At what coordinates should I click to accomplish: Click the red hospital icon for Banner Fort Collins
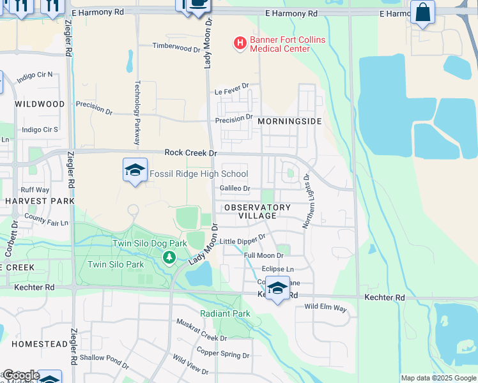pos(240,43)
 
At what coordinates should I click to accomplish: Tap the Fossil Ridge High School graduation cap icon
pos(134,170)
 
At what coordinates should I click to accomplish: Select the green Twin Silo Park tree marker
pos(169,257)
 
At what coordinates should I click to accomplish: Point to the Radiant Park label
pos(225,313)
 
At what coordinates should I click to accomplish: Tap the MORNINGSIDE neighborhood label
pos(289,121)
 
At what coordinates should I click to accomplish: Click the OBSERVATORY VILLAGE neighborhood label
pos(256,211)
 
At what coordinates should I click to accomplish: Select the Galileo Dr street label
pos(235,188)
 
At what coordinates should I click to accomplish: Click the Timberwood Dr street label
pos(176,46)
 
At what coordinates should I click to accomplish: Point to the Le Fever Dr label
pos(231,93)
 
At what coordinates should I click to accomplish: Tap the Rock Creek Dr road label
pos(191,153)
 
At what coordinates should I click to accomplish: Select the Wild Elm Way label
pos(325,308)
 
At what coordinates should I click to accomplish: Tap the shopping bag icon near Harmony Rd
pos(422,13)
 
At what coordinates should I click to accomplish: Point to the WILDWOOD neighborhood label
pos(40,103)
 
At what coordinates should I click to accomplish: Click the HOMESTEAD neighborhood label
pos(39,343)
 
